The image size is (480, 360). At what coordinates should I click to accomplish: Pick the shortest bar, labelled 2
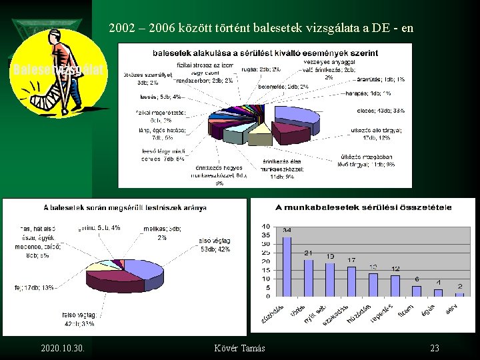tap(459, 294)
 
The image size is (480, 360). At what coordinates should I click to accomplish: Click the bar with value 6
tap(417, 291)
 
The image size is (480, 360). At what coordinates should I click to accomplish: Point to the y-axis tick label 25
tap(265, 253)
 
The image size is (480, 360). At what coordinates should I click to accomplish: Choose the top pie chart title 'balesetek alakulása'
tap(265, 53)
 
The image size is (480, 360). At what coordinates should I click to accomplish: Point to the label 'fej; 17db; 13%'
tap(34, 288)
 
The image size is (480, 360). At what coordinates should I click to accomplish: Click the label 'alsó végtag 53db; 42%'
tap(214, 245)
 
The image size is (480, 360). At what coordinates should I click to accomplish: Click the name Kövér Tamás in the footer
tap(239, 349)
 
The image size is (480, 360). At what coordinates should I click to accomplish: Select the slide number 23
tap(435, 349)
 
